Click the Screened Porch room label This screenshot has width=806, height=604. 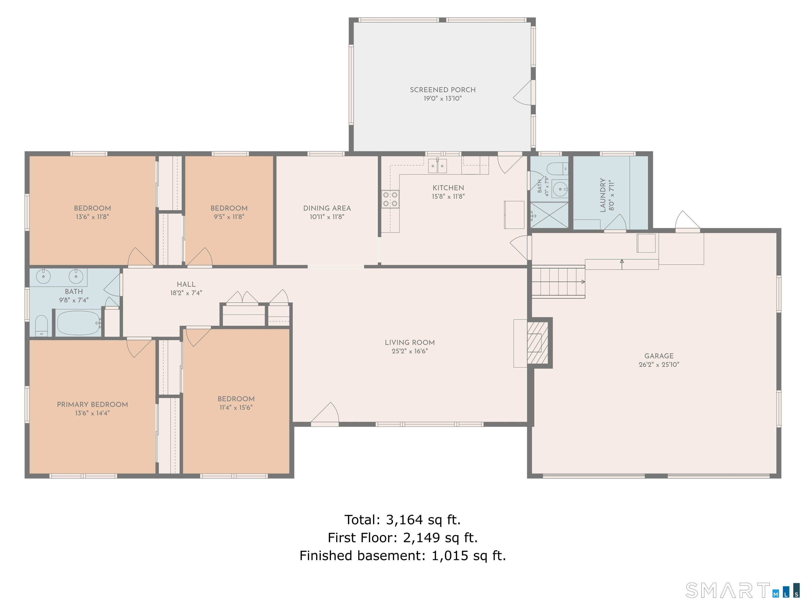click(442, 90)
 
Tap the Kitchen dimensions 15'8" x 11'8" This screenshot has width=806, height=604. click(448, 196)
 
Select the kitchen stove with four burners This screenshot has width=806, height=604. click(390, 199)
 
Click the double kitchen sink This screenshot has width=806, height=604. click(437, 166)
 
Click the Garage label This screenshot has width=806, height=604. click(659, 356)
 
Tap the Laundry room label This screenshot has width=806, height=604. click(603, 195)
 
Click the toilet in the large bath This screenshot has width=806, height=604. click(41, 326)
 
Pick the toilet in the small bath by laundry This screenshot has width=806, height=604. click(557, 169)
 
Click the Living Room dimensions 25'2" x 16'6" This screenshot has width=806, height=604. click(410, 351)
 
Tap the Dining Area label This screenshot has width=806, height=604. click(327, 208)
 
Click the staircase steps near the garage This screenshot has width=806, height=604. click(558, 282)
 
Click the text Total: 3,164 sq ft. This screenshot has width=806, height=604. click(403, 520)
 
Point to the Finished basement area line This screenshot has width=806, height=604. click(403, 556)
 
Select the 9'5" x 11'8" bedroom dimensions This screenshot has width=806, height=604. click(229, 217)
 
